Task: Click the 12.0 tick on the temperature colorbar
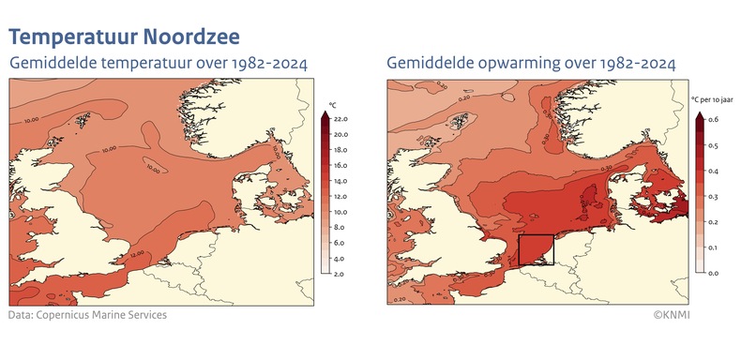coord(340,197)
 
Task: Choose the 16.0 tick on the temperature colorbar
coord(340,166)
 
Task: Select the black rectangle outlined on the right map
coord(536,249)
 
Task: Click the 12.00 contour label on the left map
coord(137,253)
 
